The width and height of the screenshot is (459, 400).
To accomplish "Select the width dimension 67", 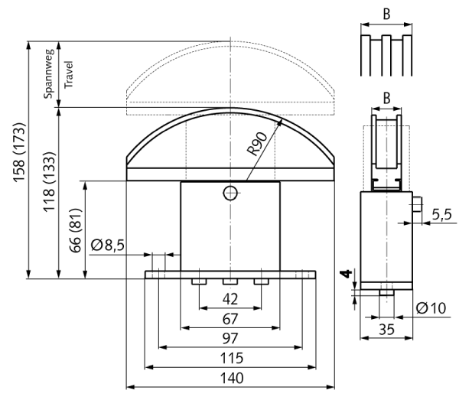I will (230, 317).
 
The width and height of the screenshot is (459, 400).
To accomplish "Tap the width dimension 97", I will (230, 337).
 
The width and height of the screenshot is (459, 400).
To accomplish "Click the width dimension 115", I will (230, 357).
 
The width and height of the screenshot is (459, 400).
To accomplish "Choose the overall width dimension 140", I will (230, 377).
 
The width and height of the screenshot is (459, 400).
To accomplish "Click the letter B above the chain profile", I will (386, 13).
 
